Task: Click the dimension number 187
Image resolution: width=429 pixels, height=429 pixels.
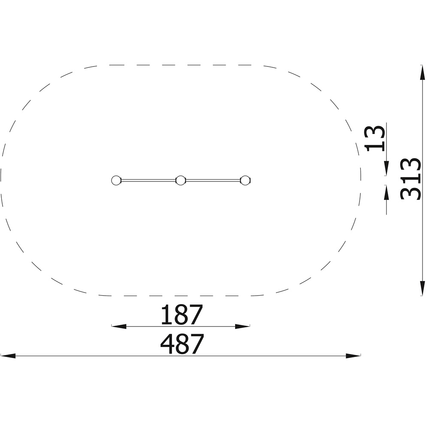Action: pos(182,314)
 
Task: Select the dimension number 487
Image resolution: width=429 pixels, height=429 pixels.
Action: pos(182,344)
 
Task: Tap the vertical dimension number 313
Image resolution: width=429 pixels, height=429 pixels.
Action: pos(410,179)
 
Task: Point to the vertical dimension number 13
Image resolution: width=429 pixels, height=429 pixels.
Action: pos(375,138)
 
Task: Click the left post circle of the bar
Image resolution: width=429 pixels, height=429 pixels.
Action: pos(116,181)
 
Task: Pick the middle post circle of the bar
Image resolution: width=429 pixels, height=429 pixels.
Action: pos(181,181)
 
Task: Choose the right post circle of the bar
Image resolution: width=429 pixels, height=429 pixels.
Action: pos(245,181)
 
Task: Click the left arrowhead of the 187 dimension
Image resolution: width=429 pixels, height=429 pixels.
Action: pos(119,326)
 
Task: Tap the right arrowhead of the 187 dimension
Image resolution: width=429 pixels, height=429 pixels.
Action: pos(242,326)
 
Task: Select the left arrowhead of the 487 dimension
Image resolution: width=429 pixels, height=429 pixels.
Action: pos(8,356)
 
